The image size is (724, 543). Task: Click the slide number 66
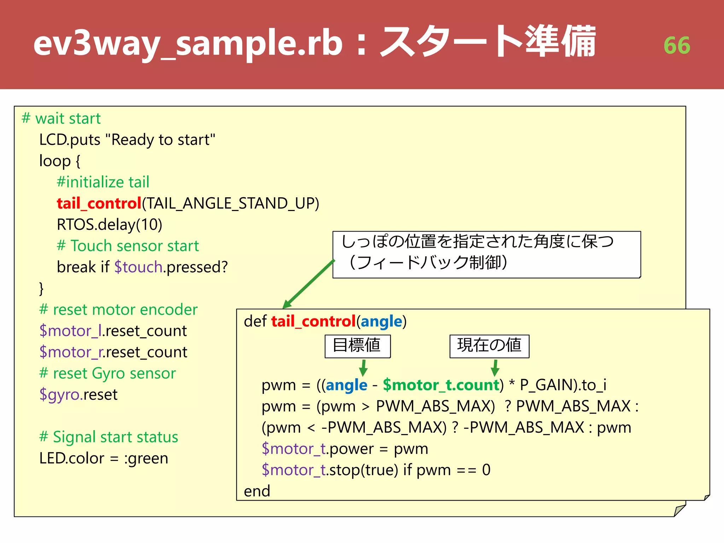(x=677, y=46)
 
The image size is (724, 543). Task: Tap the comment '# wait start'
(x=61, y=118)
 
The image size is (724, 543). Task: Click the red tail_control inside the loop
(x=99, y=203)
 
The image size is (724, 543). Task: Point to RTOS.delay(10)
(x=109, y=224)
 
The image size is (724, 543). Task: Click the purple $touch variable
(x=138, y=267)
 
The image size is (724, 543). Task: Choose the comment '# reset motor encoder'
(x=118, y=309)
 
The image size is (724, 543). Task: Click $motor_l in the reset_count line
(x=70, y=331)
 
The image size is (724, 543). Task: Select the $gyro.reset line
(x=78, y=394)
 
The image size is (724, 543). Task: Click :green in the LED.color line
(x=146, y=458)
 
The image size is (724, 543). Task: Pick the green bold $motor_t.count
(x=441, y=385)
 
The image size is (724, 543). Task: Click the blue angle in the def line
(x=381, y=321)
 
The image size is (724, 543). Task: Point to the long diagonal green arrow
(x=309, y=284)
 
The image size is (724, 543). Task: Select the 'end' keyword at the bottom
(x=257, y=491)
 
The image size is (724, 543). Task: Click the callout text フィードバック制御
(x=428, y=262)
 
